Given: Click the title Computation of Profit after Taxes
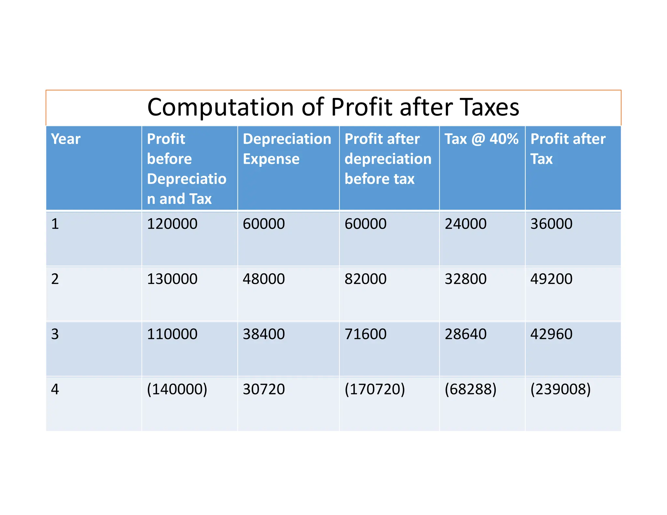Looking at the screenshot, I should click(333, 107).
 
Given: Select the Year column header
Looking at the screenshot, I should click(66, 139).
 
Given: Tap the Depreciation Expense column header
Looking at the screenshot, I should click(287, 149).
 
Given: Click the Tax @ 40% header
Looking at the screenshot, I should click(481, 139).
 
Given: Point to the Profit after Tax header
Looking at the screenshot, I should click(568, 149).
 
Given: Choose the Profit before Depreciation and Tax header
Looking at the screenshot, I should click(186, 169).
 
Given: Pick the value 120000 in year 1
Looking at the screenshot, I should click(172, 224).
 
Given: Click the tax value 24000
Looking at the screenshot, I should click(465, 224).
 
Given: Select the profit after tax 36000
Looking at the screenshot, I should click(551, 224).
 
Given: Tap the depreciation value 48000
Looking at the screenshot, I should click(263, 279).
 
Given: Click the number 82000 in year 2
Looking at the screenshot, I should click(365, 279).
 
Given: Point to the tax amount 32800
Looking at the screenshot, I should click(465, 279).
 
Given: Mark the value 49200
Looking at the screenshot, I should click(551, 279).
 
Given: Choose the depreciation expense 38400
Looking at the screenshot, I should click(263, 334).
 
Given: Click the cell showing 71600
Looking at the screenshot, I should click(365, 334).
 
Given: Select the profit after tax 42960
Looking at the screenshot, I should click(551, 334).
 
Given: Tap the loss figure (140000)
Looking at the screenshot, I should click(177, 389).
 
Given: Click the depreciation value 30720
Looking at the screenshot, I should click(263, 389).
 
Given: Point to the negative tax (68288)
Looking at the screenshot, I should click(470, 389).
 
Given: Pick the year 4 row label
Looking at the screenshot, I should click(55, 389).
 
